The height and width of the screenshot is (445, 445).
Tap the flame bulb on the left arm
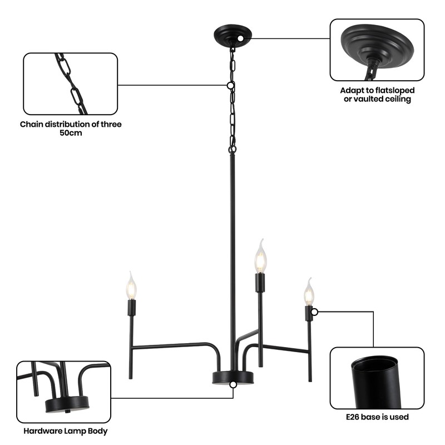click(x=131, y=287)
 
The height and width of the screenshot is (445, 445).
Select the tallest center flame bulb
click(x=260, y=257)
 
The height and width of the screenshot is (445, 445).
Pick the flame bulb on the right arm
click(x=309, y=292)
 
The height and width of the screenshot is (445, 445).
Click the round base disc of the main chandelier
click(x=233, y=378)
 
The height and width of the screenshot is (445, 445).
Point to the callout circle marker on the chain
click(x=230, y=86)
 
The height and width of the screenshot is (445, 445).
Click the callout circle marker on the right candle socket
click(x=314, y=312)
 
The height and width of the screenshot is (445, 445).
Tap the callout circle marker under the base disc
click(x=233, y=384)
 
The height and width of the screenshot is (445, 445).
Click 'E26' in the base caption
click(x=355, y=417)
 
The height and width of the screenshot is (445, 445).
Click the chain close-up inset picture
click(x=70, y=83)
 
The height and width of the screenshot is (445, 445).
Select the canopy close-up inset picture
click(x=377, y=50)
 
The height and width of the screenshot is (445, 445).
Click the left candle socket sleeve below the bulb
click(x=131, y=307)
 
